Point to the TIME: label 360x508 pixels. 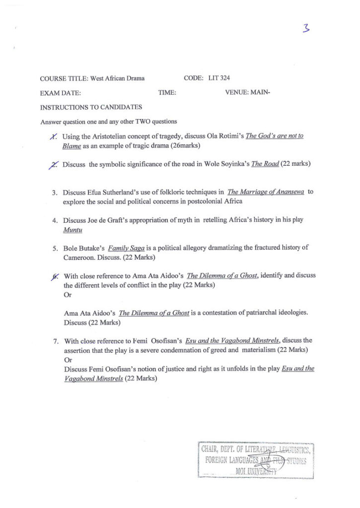(167, 92)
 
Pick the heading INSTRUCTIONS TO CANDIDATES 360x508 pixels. (91, 107)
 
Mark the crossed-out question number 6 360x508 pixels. (55, 276)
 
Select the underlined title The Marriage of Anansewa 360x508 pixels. (265, 192)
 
